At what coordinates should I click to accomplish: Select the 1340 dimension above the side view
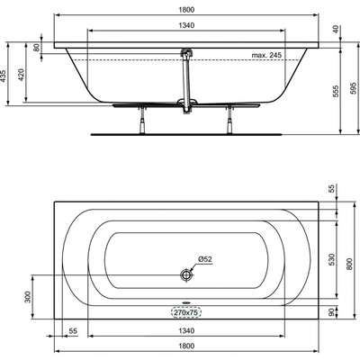(186, 25)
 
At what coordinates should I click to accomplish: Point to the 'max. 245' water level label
(266, 55)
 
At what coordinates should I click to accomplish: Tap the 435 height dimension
(3, 76)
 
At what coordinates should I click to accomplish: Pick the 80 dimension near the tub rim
(37, 48)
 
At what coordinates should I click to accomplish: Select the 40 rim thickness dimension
(336, 29)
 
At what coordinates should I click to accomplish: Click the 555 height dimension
(336, 91)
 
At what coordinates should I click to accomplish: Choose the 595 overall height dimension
(355, 88)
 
